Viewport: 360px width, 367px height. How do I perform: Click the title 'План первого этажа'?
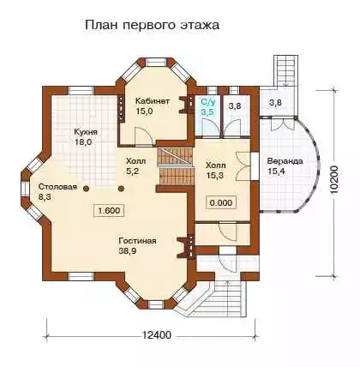coord(152,25)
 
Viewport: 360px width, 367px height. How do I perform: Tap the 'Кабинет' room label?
coord(153,101)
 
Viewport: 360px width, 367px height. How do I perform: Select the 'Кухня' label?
coord(86,132)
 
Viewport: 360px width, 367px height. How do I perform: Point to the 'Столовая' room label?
coord(57,187)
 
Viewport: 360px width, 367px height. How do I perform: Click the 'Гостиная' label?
coord(137,241)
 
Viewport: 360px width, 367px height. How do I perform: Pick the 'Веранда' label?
coord(285,161)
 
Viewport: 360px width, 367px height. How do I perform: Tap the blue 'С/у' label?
coord(208,101)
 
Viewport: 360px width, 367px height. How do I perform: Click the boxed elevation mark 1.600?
coord(109,211)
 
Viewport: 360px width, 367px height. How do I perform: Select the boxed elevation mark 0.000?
coord(221,202)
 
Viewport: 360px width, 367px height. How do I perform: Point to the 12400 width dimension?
coord(157,334)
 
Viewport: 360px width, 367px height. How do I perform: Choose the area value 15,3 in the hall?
coord(214,175)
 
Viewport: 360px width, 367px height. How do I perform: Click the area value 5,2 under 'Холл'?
coord(132,171)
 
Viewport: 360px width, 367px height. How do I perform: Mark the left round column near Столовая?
coord(86,189)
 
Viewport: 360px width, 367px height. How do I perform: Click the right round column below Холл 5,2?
coord(121,189)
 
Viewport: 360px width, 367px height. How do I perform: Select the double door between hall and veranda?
coord(243,166)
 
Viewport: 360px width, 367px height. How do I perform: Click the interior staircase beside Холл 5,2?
coord(175,166)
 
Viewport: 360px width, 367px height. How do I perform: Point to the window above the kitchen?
coord(81,90)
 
